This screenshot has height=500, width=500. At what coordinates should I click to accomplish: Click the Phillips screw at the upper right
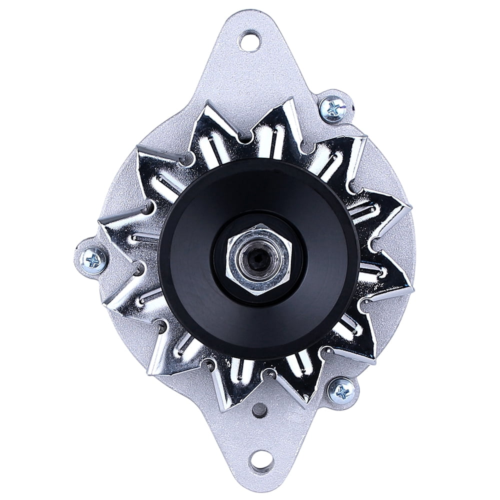click(332, 107)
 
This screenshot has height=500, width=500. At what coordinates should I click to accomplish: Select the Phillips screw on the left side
click(93, 258)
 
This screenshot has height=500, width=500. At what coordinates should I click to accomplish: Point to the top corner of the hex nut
click(258, 227)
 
